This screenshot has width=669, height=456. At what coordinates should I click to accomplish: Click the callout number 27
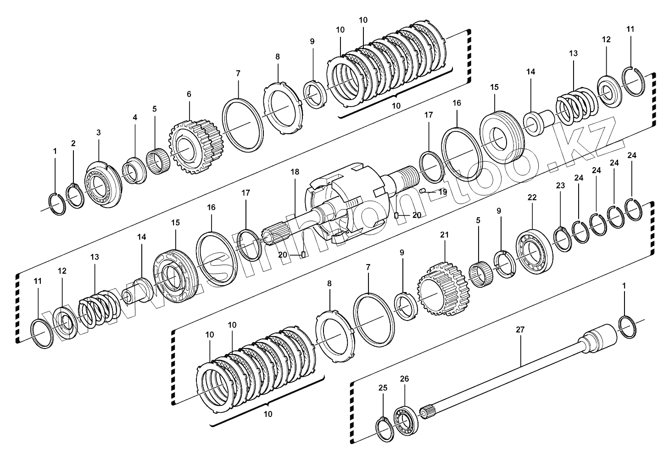click(x=520, y=330)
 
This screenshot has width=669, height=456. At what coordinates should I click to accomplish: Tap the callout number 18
click(x=294, y=172)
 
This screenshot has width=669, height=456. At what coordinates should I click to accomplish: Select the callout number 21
click(x=444, y=235)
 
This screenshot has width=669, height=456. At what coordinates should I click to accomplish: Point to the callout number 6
click(x=189, y=94)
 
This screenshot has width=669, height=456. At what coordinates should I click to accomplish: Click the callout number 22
click(x=532, y=197)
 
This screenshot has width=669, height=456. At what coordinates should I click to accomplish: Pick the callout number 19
click(x=442, y=192)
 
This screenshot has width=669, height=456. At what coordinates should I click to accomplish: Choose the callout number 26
click(x=404, y=379)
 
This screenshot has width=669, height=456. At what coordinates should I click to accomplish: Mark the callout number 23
click(x=560, y=186)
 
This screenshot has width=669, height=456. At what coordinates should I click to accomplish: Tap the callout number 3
click(x=98, y=132)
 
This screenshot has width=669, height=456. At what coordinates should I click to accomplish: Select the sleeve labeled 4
click(x=134, y=169)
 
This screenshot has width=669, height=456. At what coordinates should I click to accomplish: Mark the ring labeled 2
click(x=74, y=196)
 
